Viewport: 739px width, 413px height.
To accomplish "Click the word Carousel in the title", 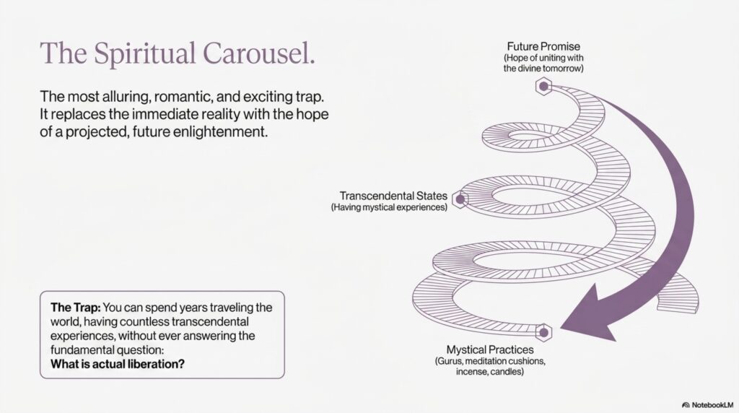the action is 258,53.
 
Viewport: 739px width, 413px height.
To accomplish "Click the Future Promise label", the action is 543,46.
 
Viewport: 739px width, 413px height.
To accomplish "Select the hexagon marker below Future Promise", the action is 543,86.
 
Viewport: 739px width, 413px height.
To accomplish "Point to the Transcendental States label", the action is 393,196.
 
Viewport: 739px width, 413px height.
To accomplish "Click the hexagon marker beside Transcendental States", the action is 460,199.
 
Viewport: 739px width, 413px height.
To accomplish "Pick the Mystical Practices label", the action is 490,350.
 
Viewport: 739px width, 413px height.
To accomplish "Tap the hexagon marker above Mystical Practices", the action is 543,332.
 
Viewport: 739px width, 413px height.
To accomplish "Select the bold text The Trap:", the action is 76,308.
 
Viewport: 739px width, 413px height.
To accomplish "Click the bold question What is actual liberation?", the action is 118,364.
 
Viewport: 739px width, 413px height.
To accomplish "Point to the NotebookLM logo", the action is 708,405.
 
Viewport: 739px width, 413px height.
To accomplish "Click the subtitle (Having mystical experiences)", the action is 389,207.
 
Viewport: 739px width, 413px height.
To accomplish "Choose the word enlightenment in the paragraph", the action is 220,131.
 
